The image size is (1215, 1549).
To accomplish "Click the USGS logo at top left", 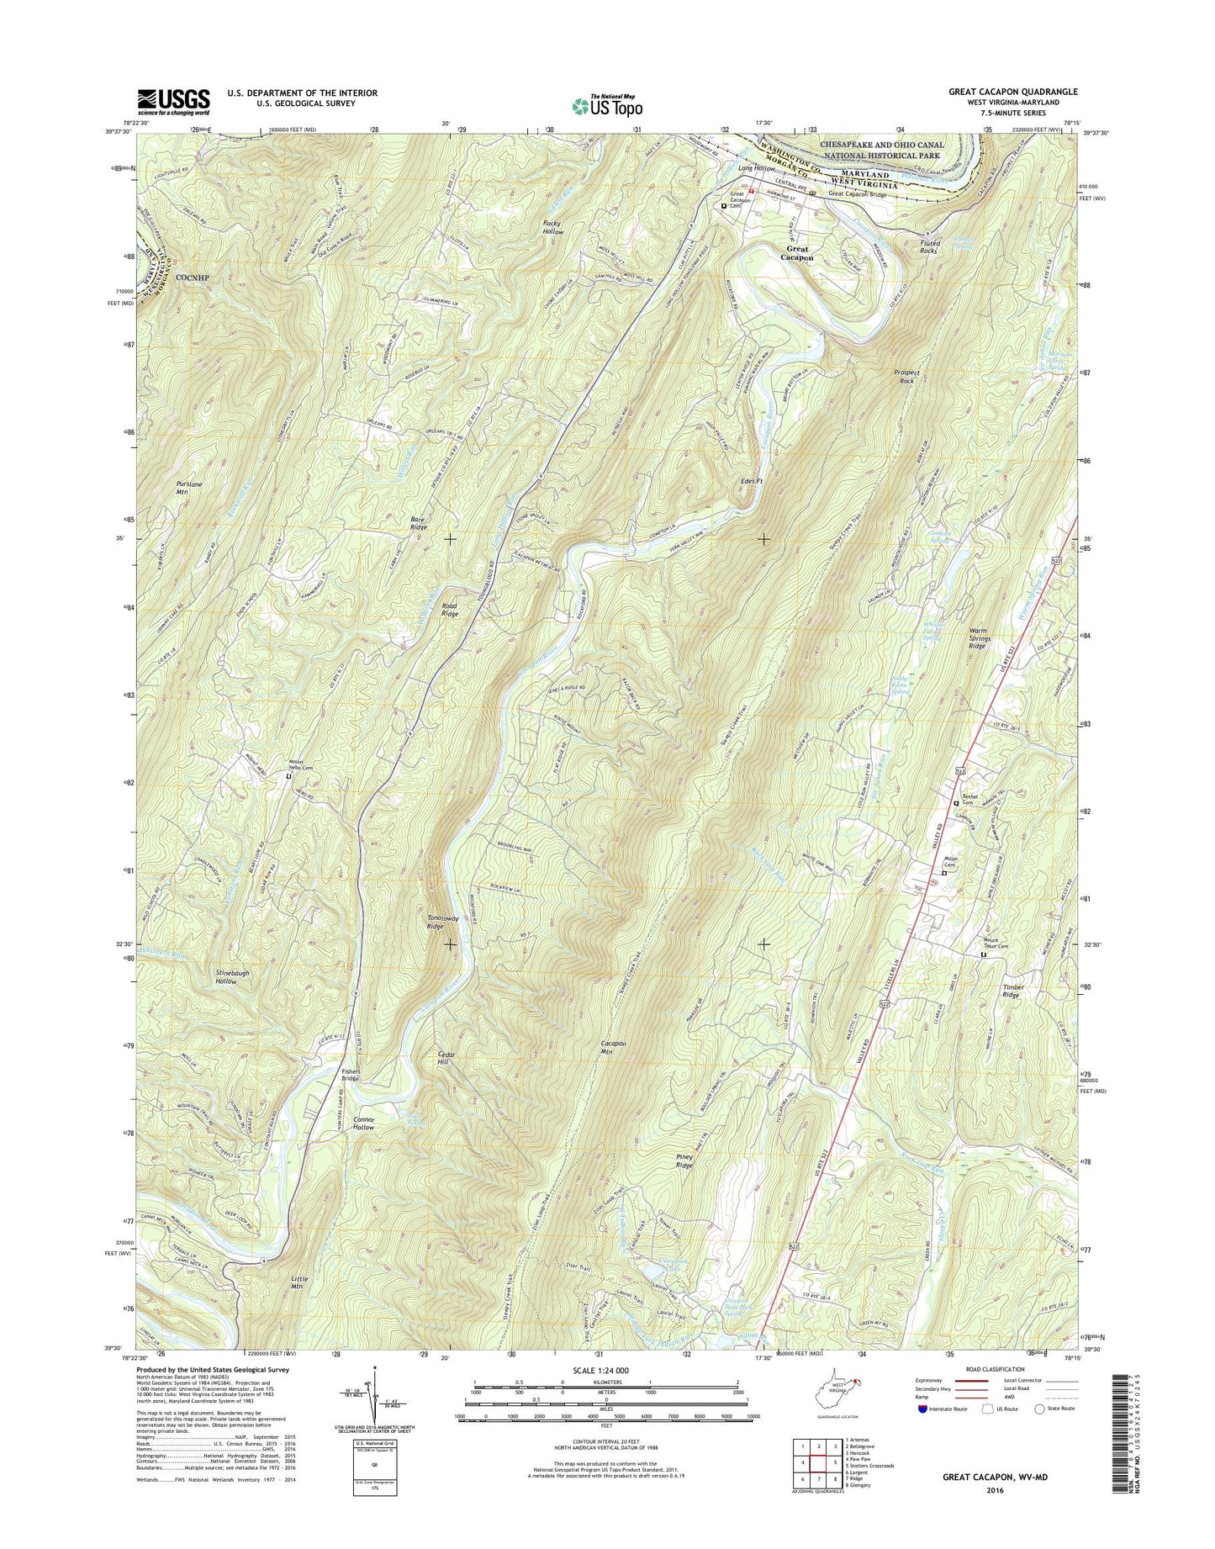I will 173,102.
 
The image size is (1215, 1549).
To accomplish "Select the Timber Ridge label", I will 1010,991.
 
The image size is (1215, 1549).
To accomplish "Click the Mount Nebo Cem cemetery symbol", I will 289,776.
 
